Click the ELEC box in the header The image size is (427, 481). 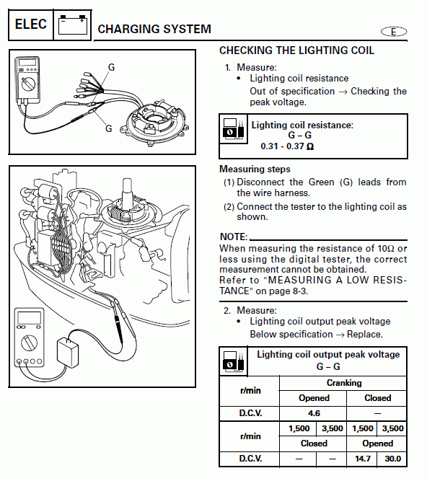point(31,25)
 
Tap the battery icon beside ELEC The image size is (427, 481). point(73,25)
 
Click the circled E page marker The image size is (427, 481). point(394,32)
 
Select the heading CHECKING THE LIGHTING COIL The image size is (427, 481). point(296,50)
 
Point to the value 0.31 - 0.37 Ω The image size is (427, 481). point(287,146)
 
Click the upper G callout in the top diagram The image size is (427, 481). point(111,67)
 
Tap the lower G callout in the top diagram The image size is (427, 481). point(109,128)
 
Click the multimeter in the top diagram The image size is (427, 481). point(27,80)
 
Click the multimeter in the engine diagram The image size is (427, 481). point(30,337)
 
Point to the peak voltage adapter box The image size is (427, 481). point(68,353)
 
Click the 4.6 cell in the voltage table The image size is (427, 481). point(313,413)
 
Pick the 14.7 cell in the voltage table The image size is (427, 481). point(362,459)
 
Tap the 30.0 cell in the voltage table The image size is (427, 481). point(392,459)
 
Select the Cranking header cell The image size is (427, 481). point(343,383)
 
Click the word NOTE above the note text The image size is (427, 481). point(234,237)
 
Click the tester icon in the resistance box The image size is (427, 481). point(234,129)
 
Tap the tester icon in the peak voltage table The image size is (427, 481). point(234,361)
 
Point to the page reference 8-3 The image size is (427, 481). point(299,291)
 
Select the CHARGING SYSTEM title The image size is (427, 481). point(154,29)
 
